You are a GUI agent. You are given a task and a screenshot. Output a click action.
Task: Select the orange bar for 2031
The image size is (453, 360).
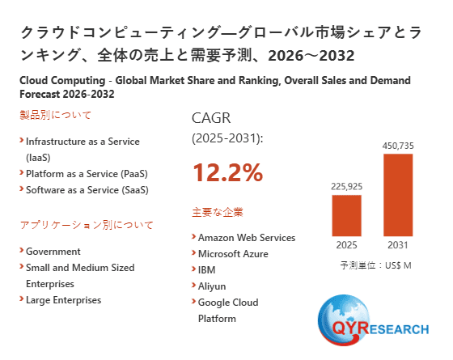[x=398, y=195]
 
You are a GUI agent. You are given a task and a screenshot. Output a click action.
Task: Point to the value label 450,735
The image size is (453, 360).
[x=398, y=145]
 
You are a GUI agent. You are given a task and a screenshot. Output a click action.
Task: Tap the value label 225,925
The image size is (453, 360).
[x=347, y=186]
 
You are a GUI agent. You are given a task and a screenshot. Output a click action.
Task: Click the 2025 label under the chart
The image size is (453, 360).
[x=347, y=245]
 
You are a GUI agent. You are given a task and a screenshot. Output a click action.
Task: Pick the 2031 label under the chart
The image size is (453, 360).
[x=398, y=245]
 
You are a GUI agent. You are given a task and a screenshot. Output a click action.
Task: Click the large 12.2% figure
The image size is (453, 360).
[x=227, y=172]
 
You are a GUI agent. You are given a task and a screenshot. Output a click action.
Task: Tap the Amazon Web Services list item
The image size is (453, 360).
[x=246, y=238]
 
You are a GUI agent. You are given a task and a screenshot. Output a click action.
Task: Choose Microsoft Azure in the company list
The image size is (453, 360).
[x=233, y=254]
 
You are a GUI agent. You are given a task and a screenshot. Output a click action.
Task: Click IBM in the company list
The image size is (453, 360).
[x=206, y=270]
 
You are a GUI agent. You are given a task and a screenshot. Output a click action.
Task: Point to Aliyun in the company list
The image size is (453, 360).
[x=211, y=286]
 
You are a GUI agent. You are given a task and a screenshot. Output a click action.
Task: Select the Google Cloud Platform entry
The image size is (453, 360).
[x=227, y=311]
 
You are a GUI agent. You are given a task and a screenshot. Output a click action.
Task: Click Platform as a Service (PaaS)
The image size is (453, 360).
[x=87, y=174]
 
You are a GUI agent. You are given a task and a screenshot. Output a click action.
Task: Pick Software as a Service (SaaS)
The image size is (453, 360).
[x=87, y=190]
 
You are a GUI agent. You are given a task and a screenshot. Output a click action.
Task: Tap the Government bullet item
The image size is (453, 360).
[x=53, y=252]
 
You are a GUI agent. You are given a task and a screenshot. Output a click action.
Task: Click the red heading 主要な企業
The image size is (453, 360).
[x=218, y=213]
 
